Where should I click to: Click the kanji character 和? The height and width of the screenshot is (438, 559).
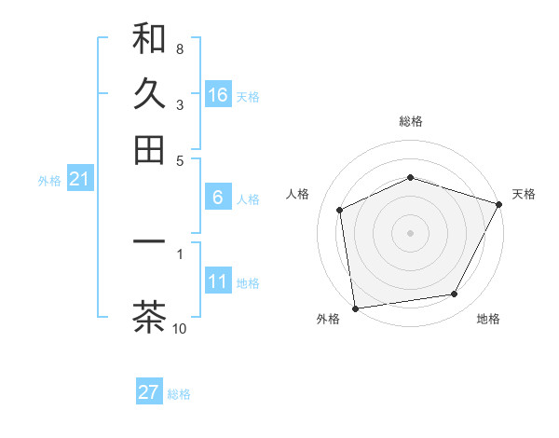pos(149,39)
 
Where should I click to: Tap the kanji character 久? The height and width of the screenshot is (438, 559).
pos(149,94)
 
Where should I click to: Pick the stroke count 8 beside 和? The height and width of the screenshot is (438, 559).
pos(180,48)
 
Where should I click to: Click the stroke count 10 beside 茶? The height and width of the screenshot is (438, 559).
pos(180,328)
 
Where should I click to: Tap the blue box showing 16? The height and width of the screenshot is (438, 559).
pos(218,94)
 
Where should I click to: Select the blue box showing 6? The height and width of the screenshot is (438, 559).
pos(218,198)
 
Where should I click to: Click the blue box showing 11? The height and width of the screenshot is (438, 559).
pos(218,281)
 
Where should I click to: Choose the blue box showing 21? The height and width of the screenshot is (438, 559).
pos(79,180)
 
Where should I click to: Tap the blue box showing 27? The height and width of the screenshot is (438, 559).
pos(149,392)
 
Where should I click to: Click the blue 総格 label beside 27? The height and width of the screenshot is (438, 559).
pos(180,394)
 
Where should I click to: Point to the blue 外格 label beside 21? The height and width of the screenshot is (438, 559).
pos(49,181)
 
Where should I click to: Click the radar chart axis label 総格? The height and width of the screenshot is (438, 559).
pos(411,121)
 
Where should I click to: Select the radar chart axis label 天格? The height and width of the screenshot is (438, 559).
pos(524,194)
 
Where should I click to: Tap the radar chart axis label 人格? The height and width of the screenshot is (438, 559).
pos(298,194)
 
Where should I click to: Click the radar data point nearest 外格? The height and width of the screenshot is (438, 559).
pos(355,308)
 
